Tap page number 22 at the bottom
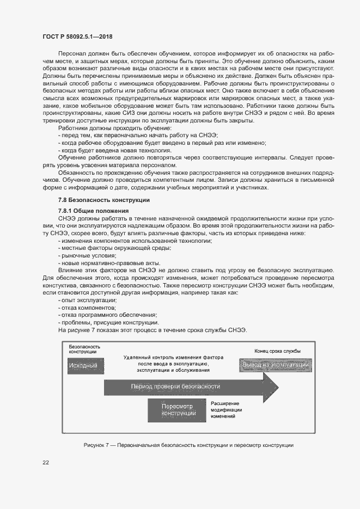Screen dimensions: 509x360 click(x=46, y=463)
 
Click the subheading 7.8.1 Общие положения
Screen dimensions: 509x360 click(x=93, y=211)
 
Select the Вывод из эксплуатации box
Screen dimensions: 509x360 click(x=275, y=365)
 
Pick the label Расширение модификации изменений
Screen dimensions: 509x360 click(x=227, y=409)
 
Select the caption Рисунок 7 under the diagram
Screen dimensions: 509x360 click(x=188, y=445)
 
